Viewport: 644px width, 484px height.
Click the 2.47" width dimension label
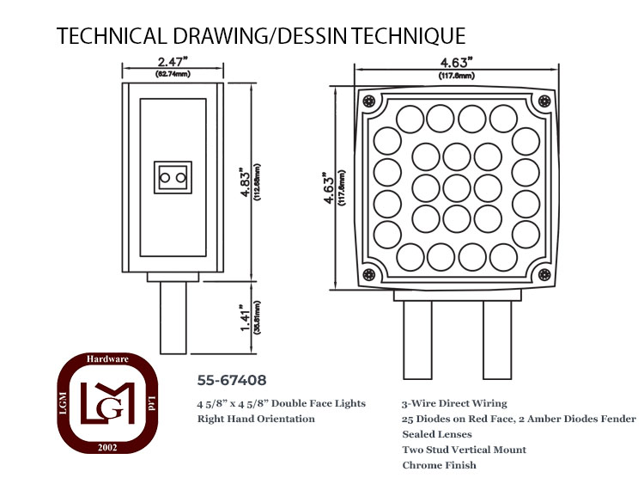pyautogui.click(x=173, y=62)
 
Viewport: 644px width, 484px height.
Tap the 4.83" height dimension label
pyautogui.click(x=246, y=182)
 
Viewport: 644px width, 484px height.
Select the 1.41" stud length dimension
pyautogui.click(x=246, y=318)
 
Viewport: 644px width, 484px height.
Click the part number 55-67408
pyautogui.click(x=232, y=380)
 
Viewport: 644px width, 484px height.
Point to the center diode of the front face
pyautogui.click(x=457, y=188)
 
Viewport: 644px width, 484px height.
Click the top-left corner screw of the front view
pyautogui.click(x=369, y=101)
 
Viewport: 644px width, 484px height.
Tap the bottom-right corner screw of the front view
pyautogui.click(x=544, y=274)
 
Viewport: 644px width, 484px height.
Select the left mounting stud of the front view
pyautogui.click(x=417, y=340)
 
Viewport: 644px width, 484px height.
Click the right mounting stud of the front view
pyautogui.click(x=497, y=340)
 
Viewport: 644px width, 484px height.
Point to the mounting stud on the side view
pyautogui.click(x=173, y=317)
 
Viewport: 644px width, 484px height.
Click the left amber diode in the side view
pyautogui.click(x=165, y=178)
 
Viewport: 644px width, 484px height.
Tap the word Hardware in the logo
pyautogui.click(x=107, y=359)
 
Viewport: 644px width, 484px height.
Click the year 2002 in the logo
pyautogui.click(x=107, y=447)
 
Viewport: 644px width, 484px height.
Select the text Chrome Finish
pyautogui.click(x=439, y=465)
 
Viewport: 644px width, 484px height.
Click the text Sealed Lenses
pyautogui.click(x=437, y=434)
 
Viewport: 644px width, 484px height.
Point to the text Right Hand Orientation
pyautogui.click(x=256, y=419)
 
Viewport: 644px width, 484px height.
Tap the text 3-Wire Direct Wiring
pyautogui.click(x=454, y=403)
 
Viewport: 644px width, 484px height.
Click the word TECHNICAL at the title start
pyautogui.click(x=112, y=36)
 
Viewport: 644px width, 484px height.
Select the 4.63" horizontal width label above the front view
pyautogui.click(x=456, y=63)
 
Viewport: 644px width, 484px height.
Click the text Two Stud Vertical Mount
pyautogui.click(x=464, y=450)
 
